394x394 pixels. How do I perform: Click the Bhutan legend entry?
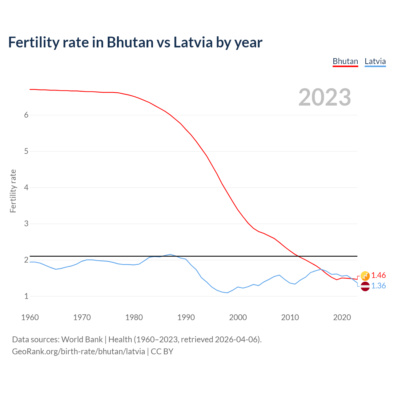pyautogui.click(x=345, y=61)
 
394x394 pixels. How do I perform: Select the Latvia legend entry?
pyautogui.click(x=375, y=61)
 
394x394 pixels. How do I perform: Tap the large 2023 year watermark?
pyautogui.click(x=325, y=97)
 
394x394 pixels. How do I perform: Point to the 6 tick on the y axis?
pyautogui.click(x=26, y=115)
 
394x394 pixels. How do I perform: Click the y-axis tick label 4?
pyautogui.click(x=26, y=187)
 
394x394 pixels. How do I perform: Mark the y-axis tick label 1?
pyautogui.click(x=26, y=296)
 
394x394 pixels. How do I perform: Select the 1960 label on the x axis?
pyautogui.click(x=30, y=317)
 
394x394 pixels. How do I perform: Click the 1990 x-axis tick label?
pyautogui.click(x=186, y=317)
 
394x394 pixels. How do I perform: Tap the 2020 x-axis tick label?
pyautogui.click(x=342, y=317)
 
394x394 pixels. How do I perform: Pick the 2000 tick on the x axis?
pyautogui.click(x=238, y=317)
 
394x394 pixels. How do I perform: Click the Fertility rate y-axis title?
pyautogui.click(x=13, y=191)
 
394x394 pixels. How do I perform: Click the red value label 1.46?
pyautogui.click(x=378, y=275)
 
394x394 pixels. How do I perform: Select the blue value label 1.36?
pyautogui.click(x=378, y=286)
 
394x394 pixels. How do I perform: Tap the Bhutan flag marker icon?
pyautogui.click(x=365, y=276)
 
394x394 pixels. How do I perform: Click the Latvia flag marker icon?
pyautogui.click(x=365, y=286)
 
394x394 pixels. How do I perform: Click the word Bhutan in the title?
pyautogui.click(x=130, y=42)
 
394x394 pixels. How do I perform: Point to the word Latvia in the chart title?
pyautogui.click(x=193, y=42)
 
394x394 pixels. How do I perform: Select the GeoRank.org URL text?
pyautogui.click(x=78, y=352)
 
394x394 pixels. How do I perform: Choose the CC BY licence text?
pyautogui.click(x=162, y=352)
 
